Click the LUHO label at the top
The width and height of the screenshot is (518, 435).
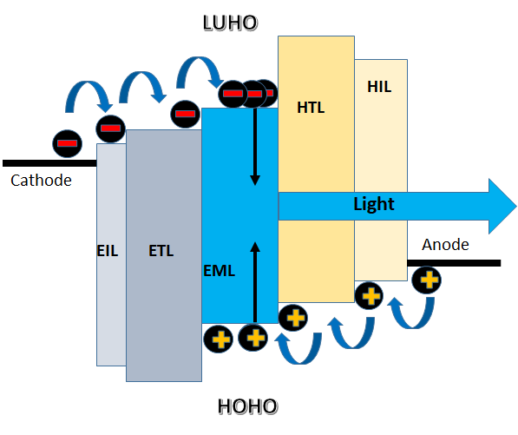tap(230, 23)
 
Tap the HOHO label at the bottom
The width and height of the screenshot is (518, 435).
tap(247, 406)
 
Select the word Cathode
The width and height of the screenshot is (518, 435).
tap(41, 181)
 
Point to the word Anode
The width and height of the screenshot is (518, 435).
tap(445, 245)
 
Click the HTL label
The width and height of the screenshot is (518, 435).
tap(311, 108)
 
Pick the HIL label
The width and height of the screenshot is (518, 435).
tap(379, 87)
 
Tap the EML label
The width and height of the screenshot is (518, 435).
tap(219, 271)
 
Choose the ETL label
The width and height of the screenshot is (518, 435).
tap(161, 251)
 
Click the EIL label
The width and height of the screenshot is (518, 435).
tap(108, 251)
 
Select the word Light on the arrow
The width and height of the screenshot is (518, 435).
tap(374, 204)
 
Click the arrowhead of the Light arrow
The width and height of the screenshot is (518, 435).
tap(502, 207)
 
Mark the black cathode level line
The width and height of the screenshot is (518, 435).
tap(49, 163)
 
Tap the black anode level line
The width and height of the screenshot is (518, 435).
tap(454, 263)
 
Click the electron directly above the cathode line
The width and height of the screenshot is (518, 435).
tap(68, 143)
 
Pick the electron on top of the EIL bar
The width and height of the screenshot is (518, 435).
tap(111, 129)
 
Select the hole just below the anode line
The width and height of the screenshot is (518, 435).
tap(427, 280)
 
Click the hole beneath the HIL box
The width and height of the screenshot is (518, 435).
tap(369, 295)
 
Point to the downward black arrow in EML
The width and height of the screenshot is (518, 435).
tap(255, 146)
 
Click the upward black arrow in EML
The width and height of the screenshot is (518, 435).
tap(255, 282)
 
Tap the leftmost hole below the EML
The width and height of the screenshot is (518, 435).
tap(219, 339)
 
